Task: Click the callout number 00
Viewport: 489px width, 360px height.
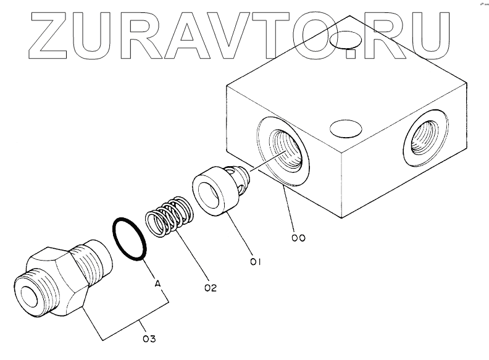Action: (x=299, y=237)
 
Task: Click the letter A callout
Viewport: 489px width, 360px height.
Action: (x=157, y=283)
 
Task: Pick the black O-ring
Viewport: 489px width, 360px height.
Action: (x=130, y=238)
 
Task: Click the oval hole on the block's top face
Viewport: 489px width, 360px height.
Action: (x=346, y=130)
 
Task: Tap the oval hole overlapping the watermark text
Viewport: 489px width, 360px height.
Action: (x=345, y=41)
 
